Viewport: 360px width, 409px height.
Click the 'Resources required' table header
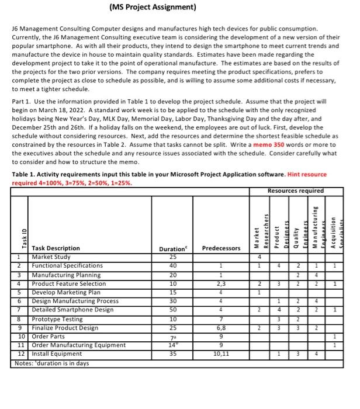(x=295, y=190)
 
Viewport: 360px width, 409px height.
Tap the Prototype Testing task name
(x=57, y=319)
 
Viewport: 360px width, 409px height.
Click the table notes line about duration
(x=51, y=363)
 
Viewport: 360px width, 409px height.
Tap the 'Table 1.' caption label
(x=25, y=174)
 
